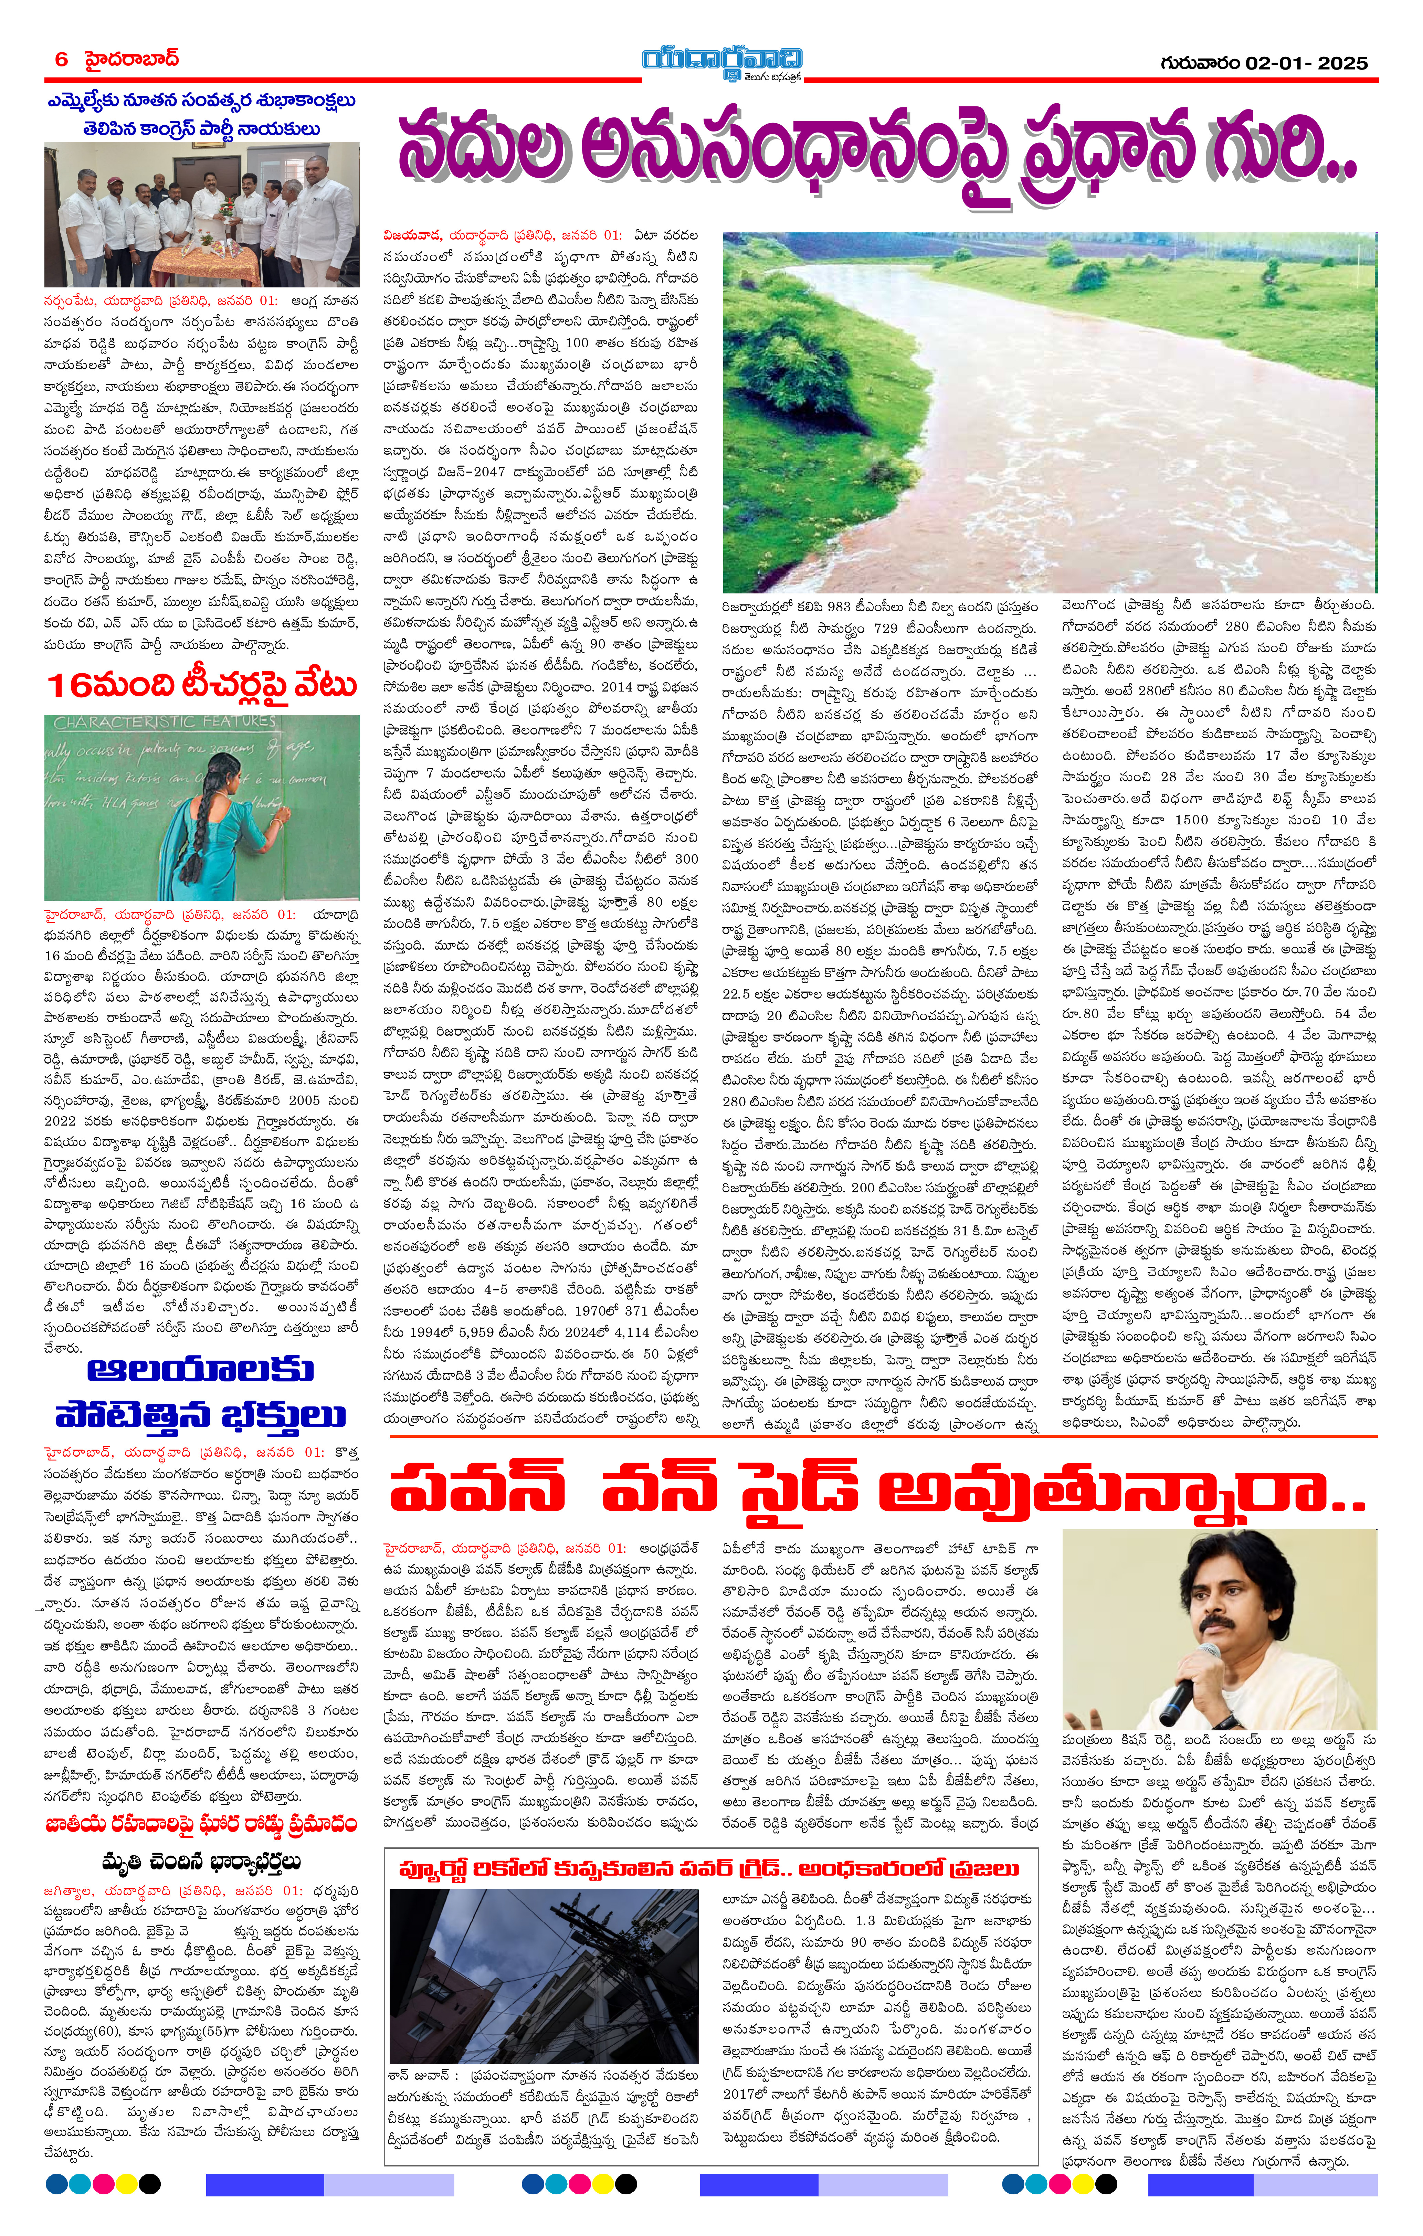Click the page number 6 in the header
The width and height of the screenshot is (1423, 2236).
(61, 60)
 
